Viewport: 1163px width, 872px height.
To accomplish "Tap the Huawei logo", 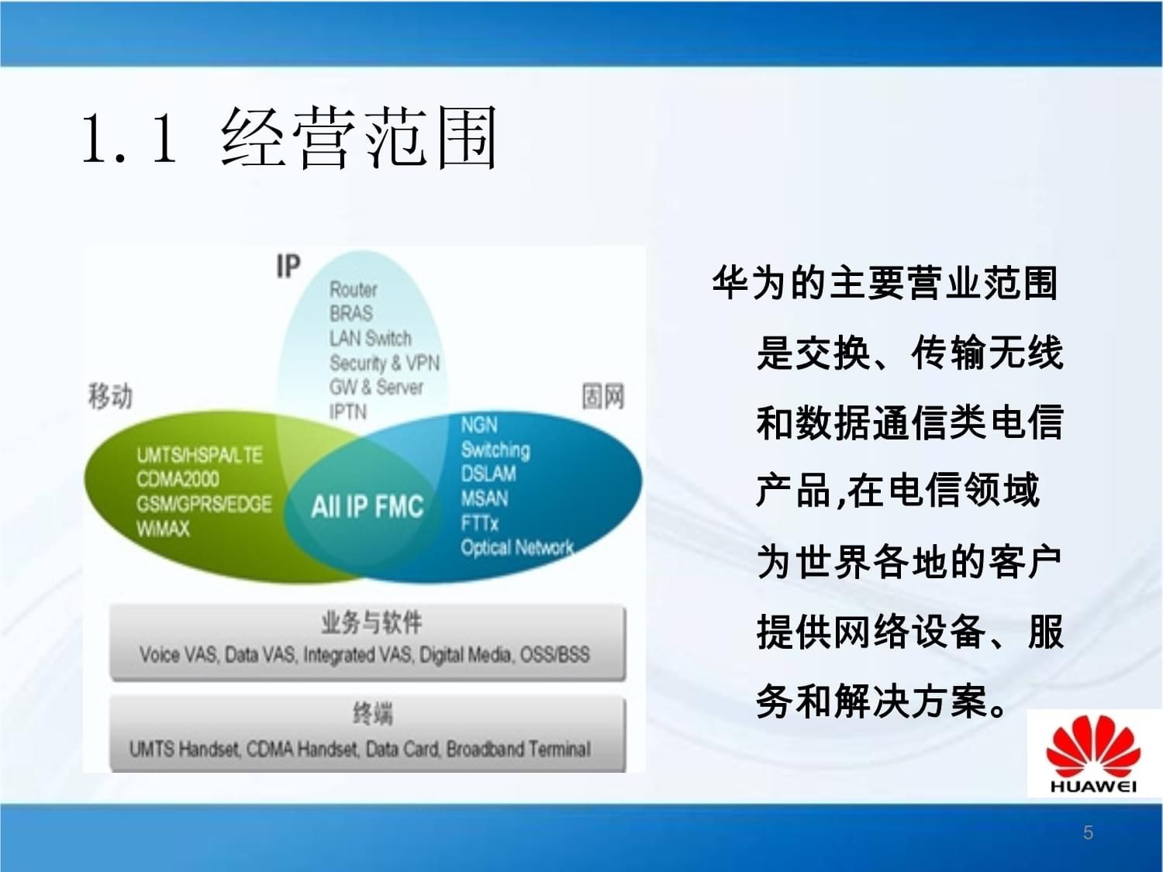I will click(x=1092, y=753).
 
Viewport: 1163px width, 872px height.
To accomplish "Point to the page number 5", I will click(x=1088, y=832).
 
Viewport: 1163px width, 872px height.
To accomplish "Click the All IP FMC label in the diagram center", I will click(x=367, y=507).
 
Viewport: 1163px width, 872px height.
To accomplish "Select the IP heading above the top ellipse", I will click(x=288, y=266).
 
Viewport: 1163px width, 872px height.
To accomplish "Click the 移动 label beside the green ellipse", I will click(x=110, y=395).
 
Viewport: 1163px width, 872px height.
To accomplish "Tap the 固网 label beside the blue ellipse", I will click(x=602, y=396).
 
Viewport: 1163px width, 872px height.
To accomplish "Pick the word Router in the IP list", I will click(x=353, y=289).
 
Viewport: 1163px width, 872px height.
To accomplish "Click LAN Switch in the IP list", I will click(x=370, y=338).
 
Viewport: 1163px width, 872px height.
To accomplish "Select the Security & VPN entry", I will click(x=384, y=363).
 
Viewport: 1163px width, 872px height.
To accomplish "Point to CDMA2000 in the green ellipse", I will click(x=178, y=479).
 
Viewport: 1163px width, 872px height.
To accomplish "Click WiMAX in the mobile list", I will click(x=163, y=529).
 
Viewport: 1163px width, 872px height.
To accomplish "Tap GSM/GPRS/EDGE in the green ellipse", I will click(x=204, y=504).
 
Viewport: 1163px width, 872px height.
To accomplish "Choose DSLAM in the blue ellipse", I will click(x=488, y=474).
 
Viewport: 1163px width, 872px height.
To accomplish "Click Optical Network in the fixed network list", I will click(x=516, y=547).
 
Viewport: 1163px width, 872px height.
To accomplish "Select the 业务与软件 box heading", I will click(x=371, y=622).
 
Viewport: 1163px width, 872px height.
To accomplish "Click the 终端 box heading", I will click(x=372, y=712).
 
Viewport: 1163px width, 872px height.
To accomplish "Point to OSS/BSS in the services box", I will click(x=554, y=655).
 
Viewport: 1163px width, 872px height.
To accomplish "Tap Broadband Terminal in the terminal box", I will click(x=518, y=750).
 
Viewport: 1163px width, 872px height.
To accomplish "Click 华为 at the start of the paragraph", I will click(x=751, y=283).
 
